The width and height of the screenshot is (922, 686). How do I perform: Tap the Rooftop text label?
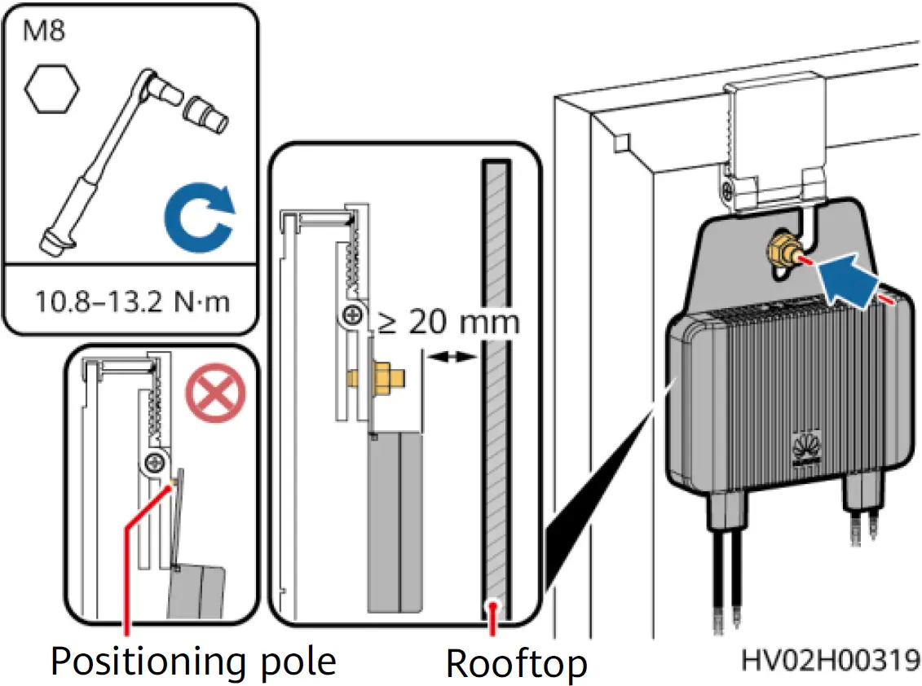[515, 664]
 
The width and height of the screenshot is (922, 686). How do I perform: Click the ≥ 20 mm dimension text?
[448, 322]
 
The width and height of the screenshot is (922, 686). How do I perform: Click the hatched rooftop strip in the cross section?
[496, 391]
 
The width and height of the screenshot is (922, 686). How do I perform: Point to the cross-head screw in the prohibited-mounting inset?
[153, 464]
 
